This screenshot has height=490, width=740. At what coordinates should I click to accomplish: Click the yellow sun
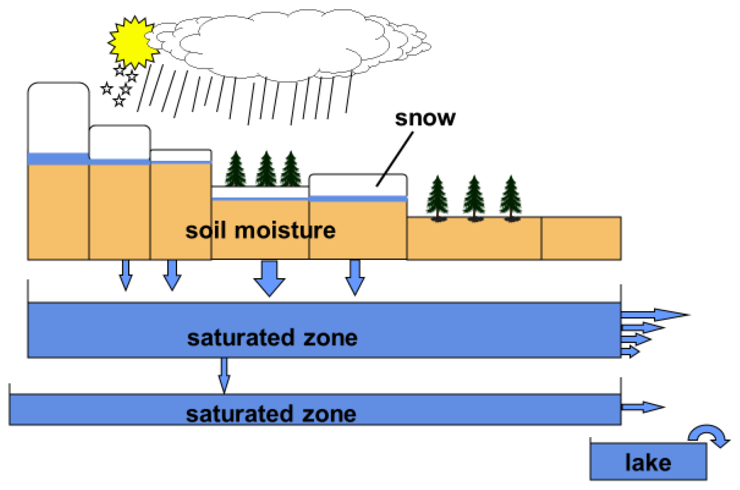[131, 42]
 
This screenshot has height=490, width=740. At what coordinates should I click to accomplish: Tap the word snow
[425, 118]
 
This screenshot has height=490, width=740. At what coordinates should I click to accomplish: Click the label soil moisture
[260, 230]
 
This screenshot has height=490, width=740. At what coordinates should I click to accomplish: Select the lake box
[648, 462]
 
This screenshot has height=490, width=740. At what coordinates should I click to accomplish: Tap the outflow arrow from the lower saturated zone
[642, 407]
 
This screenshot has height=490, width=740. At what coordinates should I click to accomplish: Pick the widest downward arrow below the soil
[269, 277]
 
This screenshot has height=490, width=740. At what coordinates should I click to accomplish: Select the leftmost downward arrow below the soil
[126, 275]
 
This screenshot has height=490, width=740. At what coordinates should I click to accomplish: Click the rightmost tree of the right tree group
[511, 198]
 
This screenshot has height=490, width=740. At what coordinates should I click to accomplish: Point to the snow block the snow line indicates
[358, 185]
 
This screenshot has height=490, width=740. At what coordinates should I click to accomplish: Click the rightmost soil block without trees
[581, 238]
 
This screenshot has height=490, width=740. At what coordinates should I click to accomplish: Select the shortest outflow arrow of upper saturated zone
[630, 351]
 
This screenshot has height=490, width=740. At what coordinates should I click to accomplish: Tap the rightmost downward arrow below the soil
[355, 277]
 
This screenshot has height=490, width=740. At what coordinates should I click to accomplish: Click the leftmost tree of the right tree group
[437, 198]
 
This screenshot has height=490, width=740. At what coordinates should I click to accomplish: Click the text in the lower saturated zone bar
[271, 414]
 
